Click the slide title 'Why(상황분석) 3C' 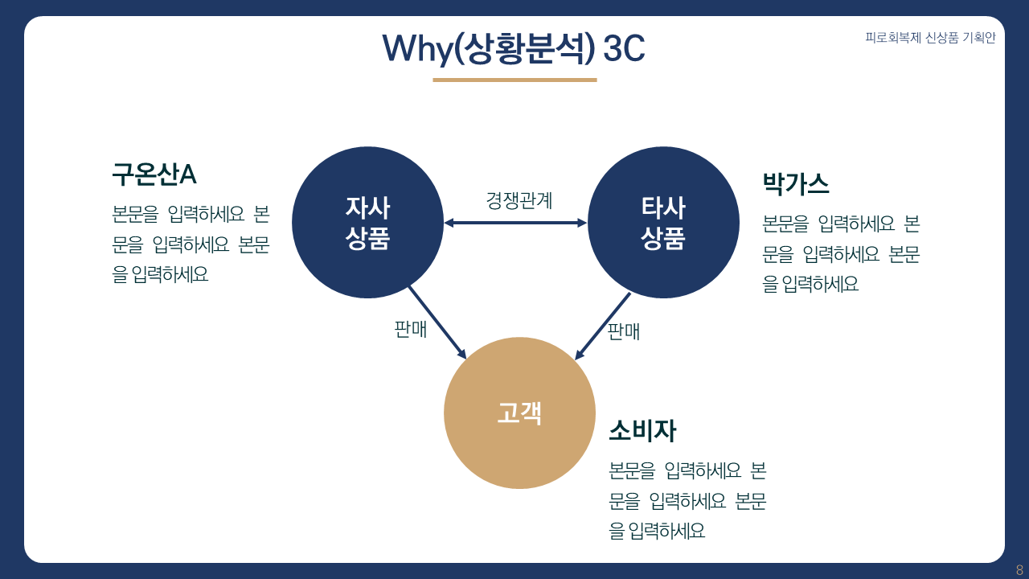(x=514, y=48)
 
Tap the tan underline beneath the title (x=514, y=80)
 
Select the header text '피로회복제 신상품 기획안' (x=930, y=38)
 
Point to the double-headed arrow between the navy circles (x=515, y=223)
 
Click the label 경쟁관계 (x=519, y=200)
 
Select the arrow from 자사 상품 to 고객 (x=437, y=322)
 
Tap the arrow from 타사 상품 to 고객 (x=603, y=326)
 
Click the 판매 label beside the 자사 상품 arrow (x=410, y=330)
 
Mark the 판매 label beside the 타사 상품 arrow (x=624, y=331)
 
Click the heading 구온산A (x=154, y=174)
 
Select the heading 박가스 (x=795, y=184)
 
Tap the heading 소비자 (x=642, y=431)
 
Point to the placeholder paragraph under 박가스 (x=841, y=253)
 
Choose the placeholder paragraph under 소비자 (x=688, y=500)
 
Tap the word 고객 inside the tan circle (x=519, y=413)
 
